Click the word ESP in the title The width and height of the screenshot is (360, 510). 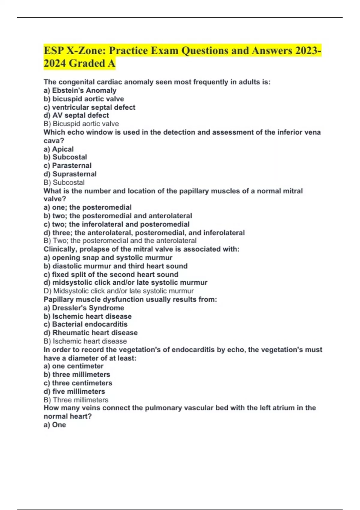coord(53,50)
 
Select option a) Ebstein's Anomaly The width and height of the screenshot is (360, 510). coord(80,90)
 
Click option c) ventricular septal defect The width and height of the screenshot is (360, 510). coord(89,107)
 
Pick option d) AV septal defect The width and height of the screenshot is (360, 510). coord(76,115)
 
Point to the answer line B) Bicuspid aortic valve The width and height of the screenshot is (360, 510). coord(81,124)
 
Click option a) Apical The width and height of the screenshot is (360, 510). coord(58,149)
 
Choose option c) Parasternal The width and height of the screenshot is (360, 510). coord(67,165)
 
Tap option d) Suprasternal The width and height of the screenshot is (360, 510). coord(70,174)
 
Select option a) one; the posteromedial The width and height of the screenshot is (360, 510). coord(88,207)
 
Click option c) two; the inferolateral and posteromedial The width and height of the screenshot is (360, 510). coord(116,224)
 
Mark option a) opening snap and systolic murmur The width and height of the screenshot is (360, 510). coord(108,257)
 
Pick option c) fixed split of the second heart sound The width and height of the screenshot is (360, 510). coord(111,274)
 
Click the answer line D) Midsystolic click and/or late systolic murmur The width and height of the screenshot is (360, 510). coord(118,291)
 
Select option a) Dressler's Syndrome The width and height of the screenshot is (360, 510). coord(84,308)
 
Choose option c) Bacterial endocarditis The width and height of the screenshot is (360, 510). coord(85,324)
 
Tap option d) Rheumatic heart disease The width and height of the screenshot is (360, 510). coord(91,333)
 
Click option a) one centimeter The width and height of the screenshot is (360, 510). coord(73,366)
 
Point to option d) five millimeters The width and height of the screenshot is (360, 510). coord(74,391)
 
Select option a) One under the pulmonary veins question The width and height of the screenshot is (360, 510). coord(55,425)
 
